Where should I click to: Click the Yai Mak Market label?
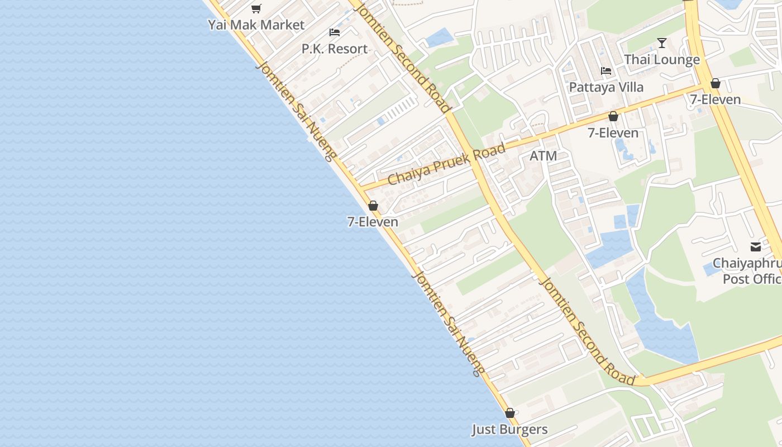(256, 25)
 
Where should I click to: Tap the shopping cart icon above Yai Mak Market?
(256, 8)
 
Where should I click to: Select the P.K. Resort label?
(335, 49)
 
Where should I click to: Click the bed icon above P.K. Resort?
(335, 32)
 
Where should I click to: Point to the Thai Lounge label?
(662, 60)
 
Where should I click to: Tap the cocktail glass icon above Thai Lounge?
(662, 43)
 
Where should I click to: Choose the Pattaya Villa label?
(606, 87)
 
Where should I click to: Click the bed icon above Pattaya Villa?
(606, 71)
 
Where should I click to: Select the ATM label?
(543, 156)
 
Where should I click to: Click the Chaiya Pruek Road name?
(446, 164)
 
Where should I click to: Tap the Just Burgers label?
(509, 429)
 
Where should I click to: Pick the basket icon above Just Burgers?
(509, 413)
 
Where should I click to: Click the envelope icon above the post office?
(756, 247)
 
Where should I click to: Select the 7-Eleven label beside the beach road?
(373, 222)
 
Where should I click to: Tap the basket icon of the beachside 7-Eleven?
(373, 206)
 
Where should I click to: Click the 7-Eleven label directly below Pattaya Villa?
(613, 132)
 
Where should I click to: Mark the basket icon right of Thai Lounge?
(715, 83)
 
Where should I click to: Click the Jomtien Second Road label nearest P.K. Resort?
(403, 56)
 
